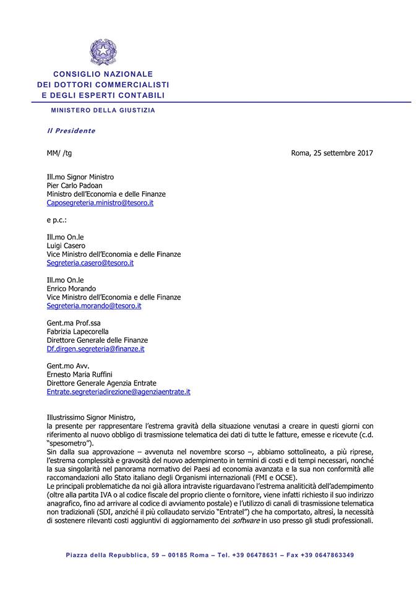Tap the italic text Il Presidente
72,131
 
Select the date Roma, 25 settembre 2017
332,153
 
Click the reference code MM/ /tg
59,153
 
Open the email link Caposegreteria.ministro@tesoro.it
100,202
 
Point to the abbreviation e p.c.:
56,220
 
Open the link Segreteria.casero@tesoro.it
90,263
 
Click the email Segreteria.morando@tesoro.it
94,306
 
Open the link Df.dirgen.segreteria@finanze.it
96,349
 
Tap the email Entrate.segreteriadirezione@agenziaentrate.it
119,392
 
